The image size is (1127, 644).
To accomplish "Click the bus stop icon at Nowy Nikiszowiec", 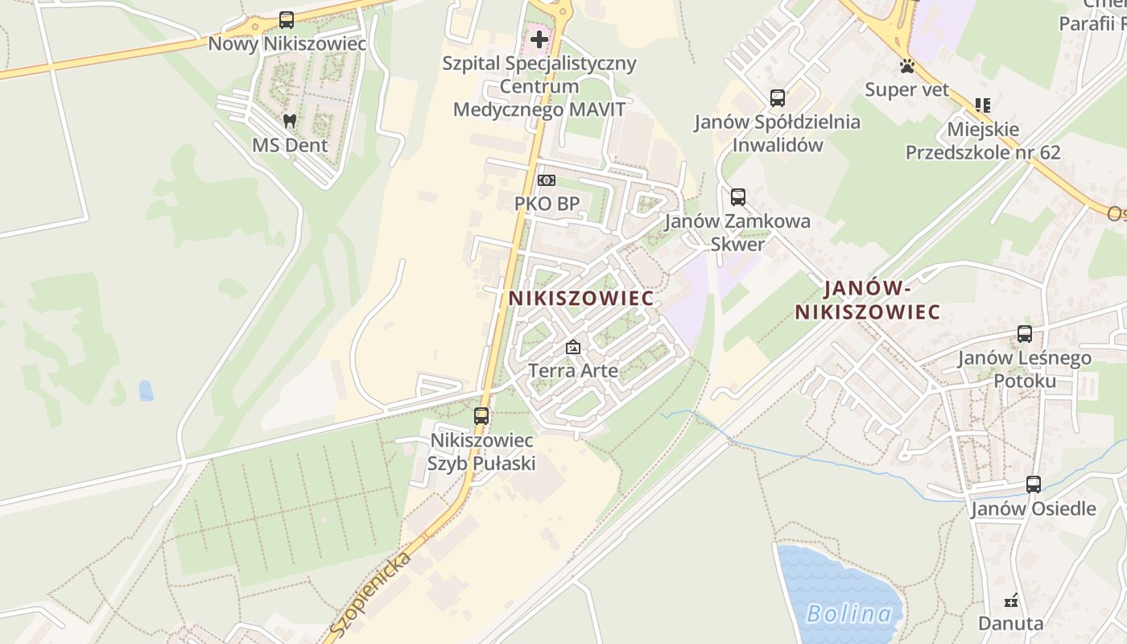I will [287, 20].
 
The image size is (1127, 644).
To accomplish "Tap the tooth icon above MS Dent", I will [290, 122].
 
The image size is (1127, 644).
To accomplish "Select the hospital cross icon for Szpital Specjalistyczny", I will [539, 39].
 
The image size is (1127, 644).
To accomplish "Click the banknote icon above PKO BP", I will [547, 180].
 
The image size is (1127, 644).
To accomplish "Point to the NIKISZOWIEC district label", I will [580, 298].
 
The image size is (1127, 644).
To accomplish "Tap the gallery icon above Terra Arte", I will [573, 348].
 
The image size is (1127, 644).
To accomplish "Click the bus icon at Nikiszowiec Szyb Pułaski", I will [481, 416].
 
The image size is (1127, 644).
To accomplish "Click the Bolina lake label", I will [848, 614].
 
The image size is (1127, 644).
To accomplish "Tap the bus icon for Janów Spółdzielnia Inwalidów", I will [777, 98].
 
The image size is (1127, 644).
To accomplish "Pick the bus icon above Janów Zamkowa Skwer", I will [737, 197].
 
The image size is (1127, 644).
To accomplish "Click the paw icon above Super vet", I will [907, 66].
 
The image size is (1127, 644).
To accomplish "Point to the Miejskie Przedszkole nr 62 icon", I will [982, 105].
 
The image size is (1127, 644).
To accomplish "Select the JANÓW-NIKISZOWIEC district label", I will [867, 299].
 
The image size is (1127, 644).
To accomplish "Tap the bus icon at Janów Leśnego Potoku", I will [1024, 334].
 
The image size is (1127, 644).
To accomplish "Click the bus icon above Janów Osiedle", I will [1034, 485].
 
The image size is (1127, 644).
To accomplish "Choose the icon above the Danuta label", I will [1011, 601].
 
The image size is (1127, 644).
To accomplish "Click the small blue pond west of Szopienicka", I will [146, 390].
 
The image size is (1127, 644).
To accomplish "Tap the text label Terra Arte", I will [573, 370].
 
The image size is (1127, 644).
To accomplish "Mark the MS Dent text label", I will [290, 145].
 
